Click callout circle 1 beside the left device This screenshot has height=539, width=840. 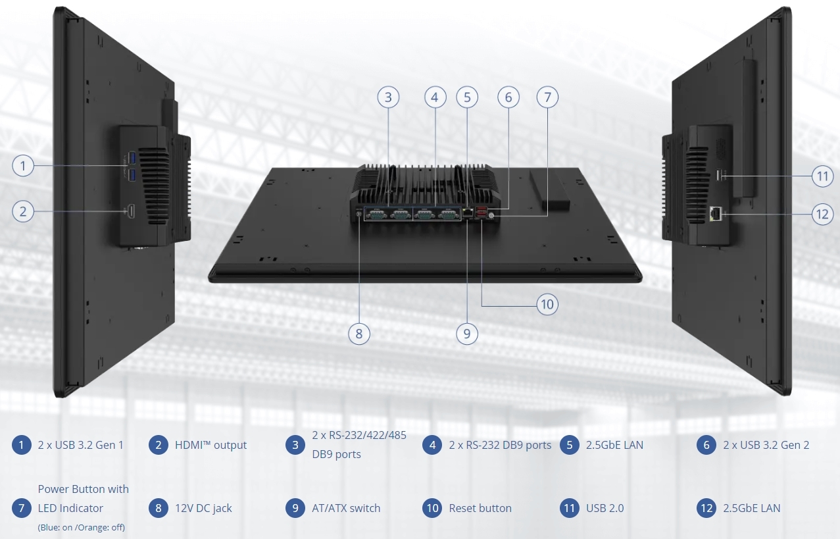(x=23, y=165)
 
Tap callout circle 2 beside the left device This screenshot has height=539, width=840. (x=23, y=211)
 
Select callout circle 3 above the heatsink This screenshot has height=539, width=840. (x=388, y=97)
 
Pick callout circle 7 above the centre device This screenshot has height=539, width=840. (x=547, y=97)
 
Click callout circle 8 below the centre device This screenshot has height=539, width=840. (x=358, y=334)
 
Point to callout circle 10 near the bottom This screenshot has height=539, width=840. (x=547, y=305)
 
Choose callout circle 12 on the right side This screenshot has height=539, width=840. (x=822, y=214)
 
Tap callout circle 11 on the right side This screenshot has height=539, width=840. (x=822, y=176)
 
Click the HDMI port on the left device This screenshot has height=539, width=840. (x=130, y=211)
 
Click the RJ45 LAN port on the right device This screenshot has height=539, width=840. (x=715, y=213)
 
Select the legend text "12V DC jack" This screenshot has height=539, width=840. (x=203, y=508)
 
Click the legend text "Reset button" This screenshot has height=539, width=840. (x=480, y=508)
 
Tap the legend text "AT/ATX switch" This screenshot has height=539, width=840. (x=346, y=508)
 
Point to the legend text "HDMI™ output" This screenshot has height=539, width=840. (x=210, y=445)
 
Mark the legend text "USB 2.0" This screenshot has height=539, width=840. (x=605, y=508)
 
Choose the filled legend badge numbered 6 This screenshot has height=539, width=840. (x=706, y=445)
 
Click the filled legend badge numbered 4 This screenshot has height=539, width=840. (x=432, y=445)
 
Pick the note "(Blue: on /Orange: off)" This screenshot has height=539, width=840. (x=82, y=527)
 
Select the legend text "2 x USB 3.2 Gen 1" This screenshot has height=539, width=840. (x=81, y=445)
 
